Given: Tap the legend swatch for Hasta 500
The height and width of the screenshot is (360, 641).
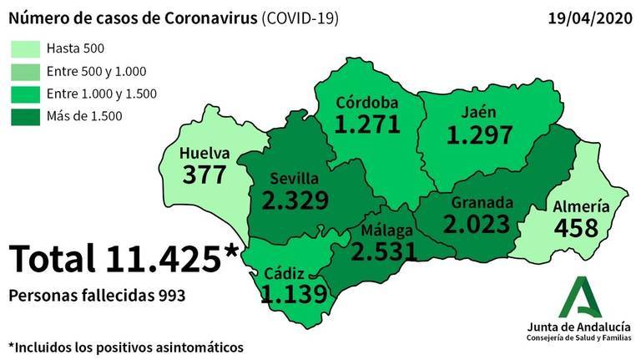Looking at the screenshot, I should pyautogui.click(x=25, y=49).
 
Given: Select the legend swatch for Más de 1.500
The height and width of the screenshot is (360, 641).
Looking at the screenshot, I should pyautogui.click(x=25, y=116).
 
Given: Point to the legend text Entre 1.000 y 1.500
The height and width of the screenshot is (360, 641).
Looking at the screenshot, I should pyautogui.click(x=102, y=94).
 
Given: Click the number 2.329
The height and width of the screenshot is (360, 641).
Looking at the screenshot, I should pyautogui.click(x=293, y=200).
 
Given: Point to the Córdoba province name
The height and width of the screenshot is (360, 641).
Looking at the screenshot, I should pyautogui.click(x=367, y=104).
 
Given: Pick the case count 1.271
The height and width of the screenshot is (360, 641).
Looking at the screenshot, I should pyautogui.click(x=367, y=125).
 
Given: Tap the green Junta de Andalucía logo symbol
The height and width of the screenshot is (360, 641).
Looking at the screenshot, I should pyautogui.click(x=578, y=296).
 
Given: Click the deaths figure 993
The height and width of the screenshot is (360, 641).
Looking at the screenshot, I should pyautogui.click(x=170, y=297).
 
